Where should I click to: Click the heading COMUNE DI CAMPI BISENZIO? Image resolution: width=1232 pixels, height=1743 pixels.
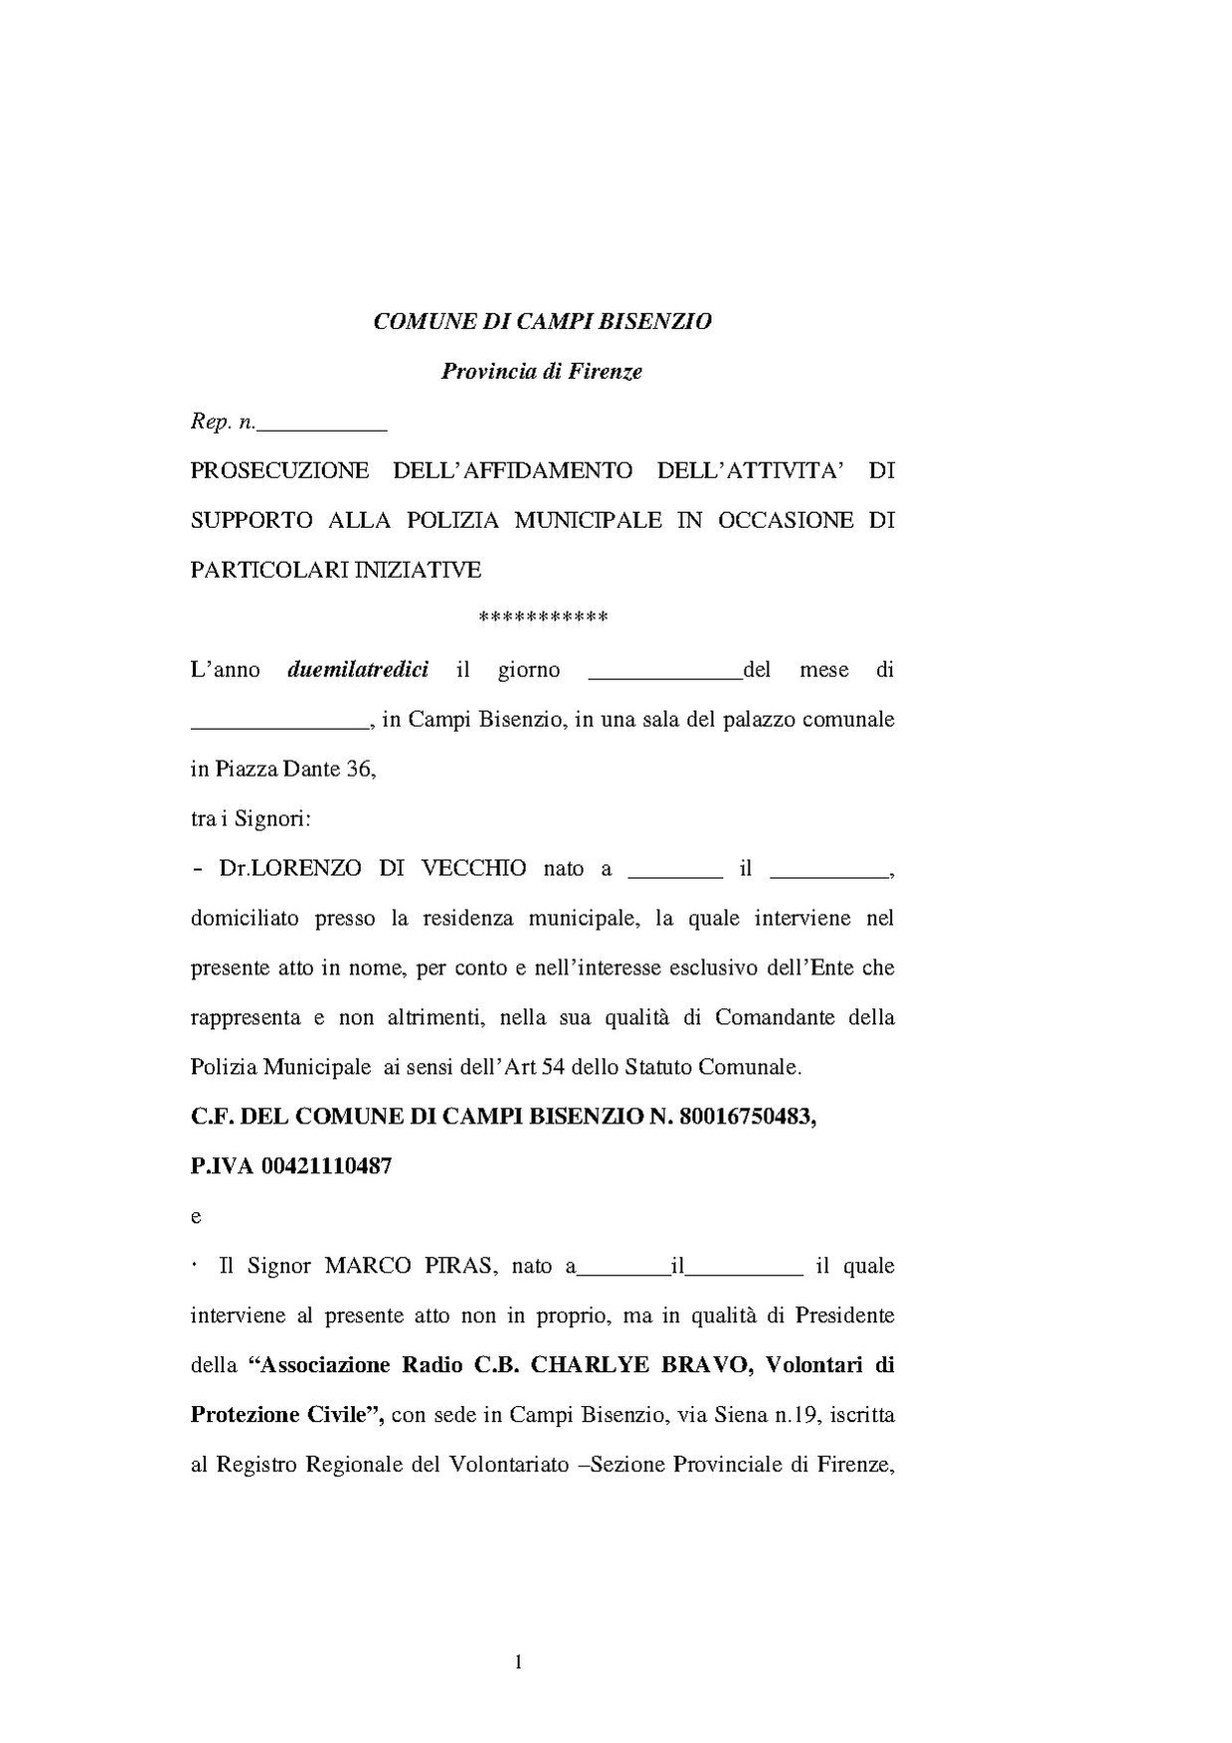[x=542, y=321]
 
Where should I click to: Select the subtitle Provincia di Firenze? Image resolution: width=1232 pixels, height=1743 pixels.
[x=542, y=371]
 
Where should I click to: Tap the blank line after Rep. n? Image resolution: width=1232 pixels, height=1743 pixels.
[x=322, y=424]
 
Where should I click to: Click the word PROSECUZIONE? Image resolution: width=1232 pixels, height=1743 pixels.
[x=279, y=470]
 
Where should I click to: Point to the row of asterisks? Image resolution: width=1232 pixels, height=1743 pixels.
[x=543, y=617]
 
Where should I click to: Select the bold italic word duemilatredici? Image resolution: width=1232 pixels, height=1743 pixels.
[x=358, y=669]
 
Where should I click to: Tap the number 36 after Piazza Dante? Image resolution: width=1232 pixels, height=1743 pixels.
[x=359, y=769]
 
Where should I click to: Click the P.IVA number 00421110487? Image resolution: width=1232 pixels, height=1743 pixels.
[x=326, y=1166]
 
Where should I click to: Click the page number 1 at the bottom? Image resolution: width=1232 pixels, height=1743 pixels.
[x=519, y=1661]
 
